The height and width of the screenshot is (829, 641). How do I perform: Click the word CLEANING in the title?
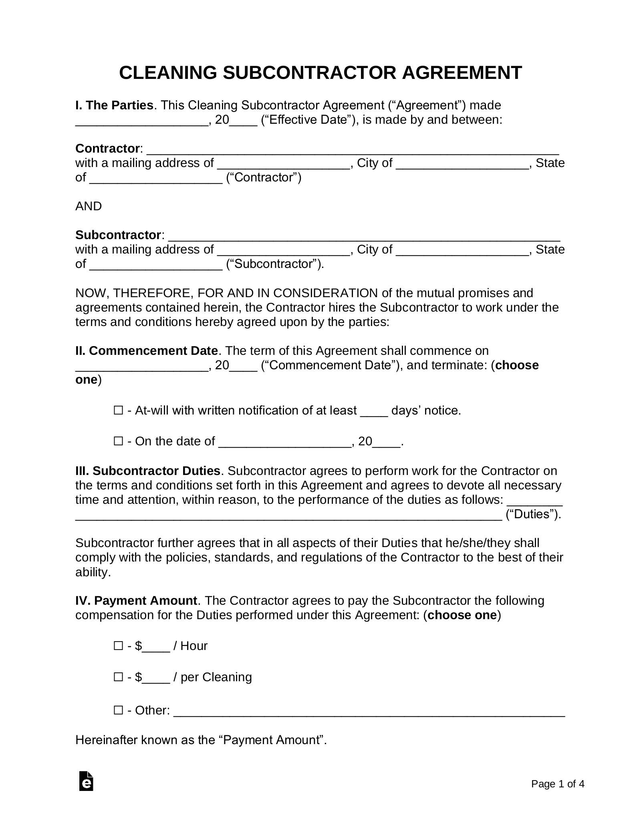(x=168, y=73)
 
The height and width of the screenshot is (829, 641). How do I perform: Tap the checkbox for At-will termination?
(x=118, y=410)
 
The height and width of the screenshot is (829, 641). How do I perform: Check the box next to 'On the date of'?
(x=118, y=441)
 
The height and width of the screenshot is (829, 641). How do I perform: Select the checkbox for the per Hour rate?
(x=118, y=646)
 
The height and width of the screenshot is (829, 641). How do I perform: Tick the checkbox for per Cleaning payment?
(x=118, y=677)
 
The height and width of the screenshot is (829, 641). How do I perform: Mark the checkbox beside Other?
(x=118, y=710)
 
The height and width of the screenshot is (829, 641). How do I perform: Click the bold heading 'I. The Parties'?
(x=114, y=105)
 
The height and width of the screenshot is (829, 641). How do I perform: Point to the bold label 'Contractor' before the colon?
(x=107, y=149)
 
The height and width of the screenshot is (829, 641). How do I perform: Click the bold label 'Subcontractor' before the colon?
(x=118, y=235)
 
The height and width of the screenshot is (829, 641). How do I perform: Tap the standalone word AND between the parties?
(x=89, y=206)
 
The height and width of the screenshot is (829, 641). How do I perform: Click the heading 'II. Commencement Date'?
(x=146, y=351)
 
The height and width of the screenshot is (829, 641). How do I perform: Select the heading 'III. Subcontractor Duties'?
(x=148, y=471)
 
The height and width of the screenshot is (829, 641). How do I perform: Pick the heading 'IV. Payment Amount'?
(x=136, y=601)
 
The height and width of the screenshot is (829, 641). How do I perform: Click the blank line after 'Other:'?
(x=369, y=711)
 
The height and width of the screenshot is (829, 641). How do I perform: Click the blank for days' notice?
(x=374, y=411)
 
